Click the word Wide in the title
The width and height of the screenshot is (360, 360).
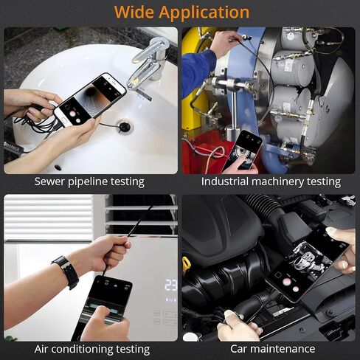[x=134, y=12]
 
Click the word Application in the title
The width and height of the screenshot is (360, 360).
[x=204, y=13]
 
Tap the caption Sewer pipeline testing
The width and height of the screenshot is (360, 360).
[x=89, y=182]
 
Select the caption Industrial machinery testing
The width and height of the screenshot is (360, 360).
[x=271, y=182]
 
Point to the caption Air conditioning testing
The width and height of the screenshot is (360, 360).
[x=92, y=350]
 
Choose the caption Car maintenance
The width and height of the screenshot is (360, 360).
[x=273, y=349]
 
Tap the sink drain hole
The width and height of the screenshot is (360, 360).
[x=125, y=125]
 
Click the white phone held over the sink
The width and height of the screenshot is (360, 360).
[x=90, y=100]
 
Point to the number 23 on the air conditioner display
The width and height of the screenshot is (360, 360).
[x=171, y=285]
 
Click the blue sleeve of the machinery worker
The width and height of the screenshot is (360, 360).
[x=197, y=70]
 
